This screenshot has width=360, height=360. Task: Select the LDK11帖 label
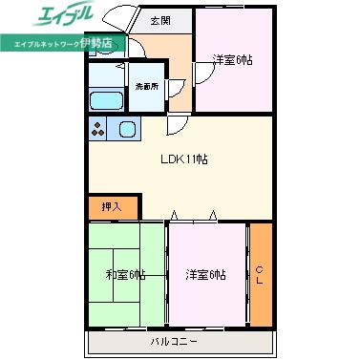[x=182, y=159]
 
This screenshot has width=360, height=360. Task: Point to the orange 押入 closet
[x=113, y=205]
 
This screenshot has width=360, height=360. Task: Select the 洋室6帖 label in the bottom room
[x=206, y=275]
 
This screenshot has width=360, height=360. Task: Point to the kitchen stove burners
[x=98, y=129]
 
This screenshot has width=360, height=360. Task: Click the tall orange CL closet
[x=260, y=272]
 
